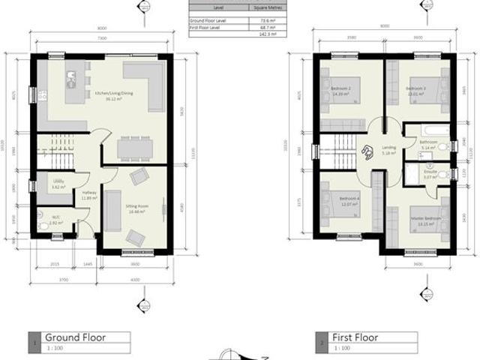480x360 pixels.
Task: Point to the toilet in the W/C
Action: pyautogui.click(x=43, y=223)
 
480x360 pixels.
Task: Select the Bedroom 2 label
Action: pyautogui.click(x=341, y=92)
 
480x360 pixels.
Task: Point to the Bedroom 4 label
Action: pyautogui.click(x=350, y=202)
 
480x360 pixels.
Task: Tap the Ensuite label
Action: pyautogui.click(x=430, y=174)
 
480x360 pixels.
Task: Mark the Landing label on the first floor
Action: pyautogui.click(x=388, y=149)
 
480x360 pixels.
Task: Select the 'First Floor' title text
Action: pyautogui.click(x=355, y=337)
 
